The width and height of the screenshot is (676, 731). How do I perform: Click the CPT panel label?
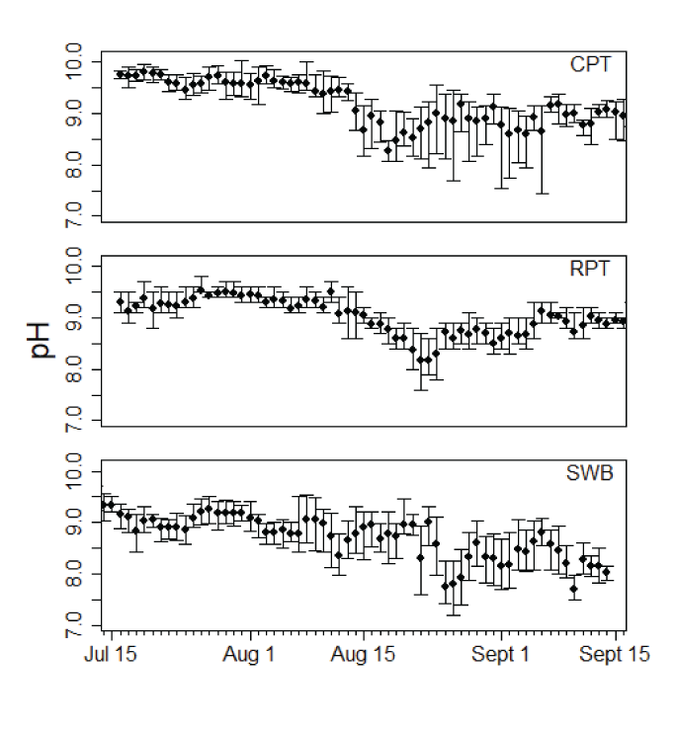(x=591, y=65)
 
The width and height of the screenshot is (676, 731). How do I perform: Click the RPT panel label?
(x=591, y=269)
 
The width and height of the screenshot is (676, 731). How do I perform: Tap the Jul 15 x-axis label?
(x=111, y=655)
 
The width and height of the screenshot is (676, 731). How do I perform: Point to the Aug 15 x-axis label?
(x=365, y=655)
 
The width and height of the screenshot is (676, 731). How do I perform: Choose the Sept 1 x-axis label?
(x=500, y=655)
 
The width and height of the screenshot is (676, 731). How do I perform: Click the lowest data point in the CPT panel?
(x=388, y=149)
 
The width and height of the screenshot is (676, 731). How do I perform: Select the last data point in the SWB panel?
(x=606, y=572)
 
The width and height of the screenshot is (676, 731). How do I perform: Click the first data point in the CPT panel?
(x=120, y=74)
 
